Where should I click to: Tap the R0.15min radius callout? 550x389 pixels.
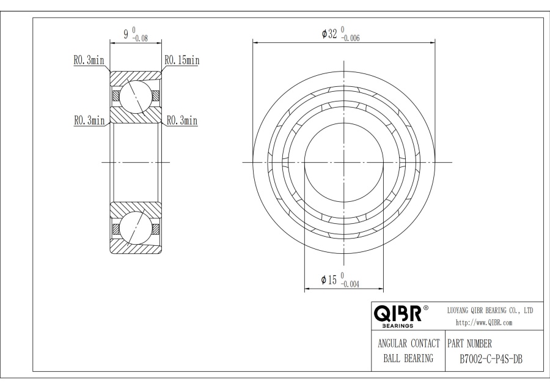[x=181, y=61]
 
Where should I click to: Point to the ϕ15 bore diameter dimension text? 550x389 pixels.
[x=329, y=280]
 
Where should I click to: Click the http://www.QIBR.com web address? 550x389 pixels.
[x=484, y=322]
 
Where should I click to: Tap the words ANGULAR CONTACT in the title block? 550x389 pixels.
[x=406, y=343]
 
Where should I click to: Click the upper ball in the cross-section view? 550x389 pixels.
[x=135, y=96]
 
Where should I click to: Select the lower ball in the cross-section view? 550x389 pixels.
[x=135, y=228]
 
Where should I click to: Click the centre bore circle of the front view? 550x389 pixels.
[x=344, y=162]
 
